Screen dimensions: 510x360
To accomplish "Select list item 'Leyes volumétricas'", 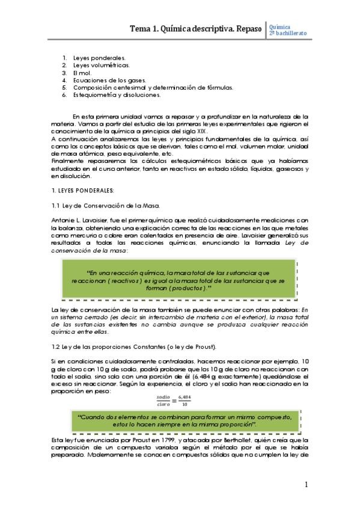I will pyautogui.click(x=101, y=64).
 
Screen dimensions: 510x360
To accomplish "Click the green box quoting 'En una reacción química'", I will pyautogui.click(x=180, y=280).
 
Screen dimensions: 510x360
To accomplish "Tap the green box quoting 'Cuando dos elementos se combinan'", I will pyautogui.click(x=180, y=420).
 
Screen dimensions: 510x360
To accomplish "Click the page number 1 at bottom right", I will pyautogui.click(x=306, y=484).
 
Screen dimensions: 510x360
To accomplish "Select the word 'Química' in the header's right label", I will pyautogui.click(x=280, y=26).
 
